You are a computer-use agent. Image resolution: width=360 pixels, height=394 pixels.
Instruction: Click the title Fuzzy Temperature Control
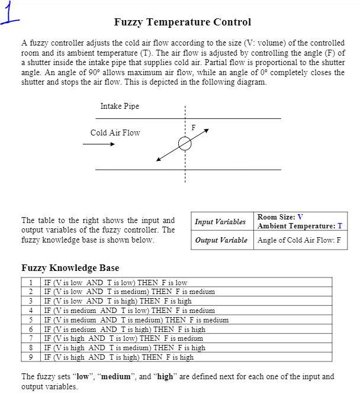tap(182, 22)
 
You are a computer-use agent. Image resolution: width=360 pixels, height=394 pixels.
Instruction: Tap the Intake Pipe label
tap(120, 106)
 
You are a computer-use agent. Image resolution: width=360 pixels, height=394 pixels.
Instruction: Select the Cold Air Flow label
tap(115, 133)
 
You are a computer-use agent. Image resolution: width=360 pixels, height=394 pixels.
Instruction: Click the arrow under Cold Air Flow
tap(102, 144)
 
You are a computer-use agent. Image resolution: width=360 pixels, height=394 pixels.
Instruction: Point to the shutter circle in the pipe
tap(185, 144)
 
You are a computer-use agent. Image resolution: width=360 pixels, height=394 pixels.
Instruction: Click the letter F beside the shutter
tap(193, 127)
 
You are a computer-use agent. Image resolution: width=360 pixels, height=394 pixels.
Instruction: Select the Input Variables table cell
tap(220, 222)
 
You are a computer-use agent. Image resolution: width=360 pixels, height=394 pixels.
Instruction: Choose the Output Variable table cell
tap(221, 240)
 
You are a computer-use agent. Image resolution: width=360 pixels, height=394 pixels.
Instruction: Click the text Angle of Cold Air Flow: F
tap(299, 240)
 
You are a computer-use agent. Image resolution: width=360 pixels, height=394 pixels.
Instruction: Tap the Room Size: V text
tap(280, 217)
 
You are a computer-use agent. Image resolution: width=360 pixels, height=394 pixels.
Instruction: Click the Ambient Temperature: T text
tap(300, 226)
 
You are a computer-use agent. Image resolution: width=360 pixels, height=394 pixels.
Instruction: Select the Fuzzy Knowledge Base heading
tap(70, 267)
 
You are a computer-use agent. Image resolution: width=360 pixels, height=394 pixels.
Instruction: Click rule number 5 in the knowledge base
tap(30, 320)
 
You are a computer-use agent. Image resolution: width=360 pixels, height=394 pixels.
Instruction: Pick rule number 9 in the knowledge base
tap(30, 357)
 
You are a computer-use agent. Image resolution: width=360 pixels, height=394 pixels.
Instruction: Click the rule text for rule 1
tap(115, 283)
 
